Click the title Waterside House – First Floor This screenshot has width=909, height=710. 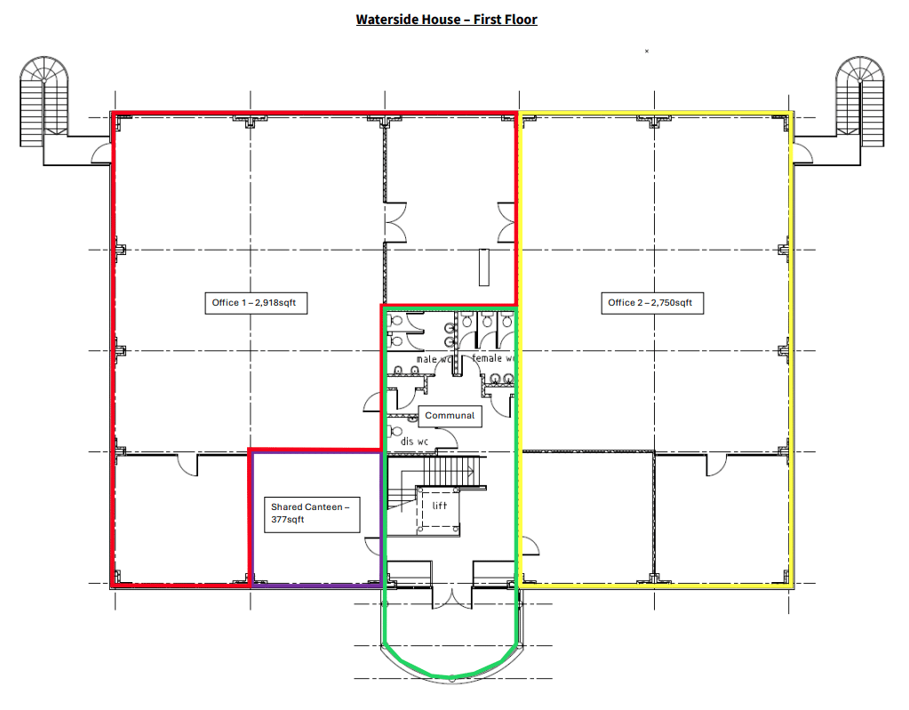[446, 20]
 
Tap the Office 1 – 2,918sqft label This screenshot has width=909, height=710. [256, 303]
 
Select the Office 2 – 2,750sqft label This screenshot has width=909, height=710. [652, 303]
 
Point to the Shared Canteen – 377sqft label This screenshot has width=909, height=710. [311, 515]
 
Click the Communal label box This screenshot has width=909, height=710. [450, 416]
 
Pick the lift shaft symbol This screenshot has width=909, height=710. [438, 510]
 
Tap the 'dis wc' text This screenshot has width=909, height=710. [414, 442]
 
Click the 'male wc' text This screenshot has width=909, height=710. [433, 359]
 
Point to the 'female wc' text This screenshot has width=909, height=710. [493, 358]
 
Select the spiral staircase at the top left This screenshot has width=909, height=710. [44, 101]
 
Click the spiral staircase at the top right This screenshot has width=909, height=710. [860, 101]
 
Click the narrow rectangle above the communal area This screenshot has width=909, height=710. [484, 267]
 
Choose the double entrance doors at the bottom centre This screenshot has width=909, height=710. [452, 598]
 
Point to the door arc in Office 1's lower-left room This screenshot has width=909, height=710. [187, 465]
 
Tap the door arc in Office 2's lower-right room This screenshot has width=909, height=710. [716, 465]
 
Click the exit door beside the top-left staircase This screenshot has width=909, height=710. [101, 154]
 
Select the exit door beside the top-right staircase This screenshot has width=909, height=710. [803, 154]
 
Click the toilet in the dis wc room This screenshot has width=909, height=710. [395, 431]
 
